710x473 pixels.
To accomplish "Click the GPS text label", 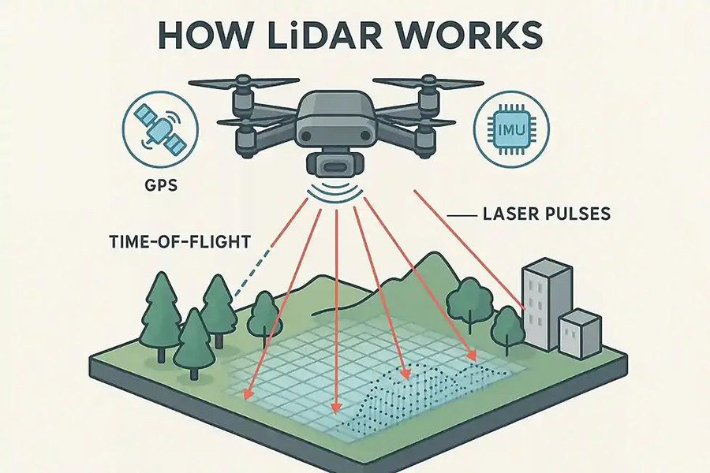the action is pyautogui.click(x=161, y=184).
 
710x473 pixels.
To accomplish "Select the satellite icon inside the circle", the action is pyautogui.click(x=160, y=129).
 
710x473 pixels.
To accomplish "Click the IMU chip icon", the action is pyautogui.click(x=510, y=129).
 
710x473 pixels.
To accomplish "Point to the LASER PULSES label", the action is pyautogui.click(x=547, y=213).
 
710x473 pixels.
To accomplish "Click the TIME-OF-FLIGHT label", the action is pyautogui.click(x=180, y=241).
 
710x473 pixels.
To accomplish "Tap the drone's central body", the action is pyautogui.click(x=334, y=121).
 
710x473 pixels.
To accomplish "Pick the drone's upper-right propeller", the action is pyautogui.click(x=428, y=83).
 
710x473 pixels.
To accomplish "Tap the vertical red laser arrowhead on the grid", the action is pyautogui.click(x=335, y=408).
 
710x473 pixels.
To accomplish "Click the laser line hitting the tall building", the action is pyautogui.click(x=469, y=249).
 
